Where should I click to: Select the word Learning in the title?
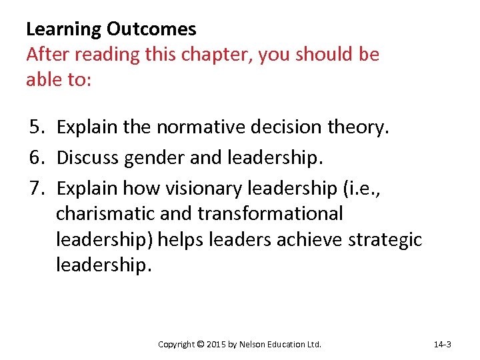tap(63, 29)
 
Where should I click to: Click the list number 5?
tap(37, 127)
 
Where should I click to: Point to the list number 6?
tap(37, 157)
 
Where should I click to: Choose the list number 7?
tap(37, 188)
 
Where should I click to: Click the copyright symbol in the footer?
tap(201, 345)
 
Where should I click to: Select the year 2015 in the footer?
tap(218, 345)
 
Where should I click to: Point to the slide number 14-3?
tap(443, 345)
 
